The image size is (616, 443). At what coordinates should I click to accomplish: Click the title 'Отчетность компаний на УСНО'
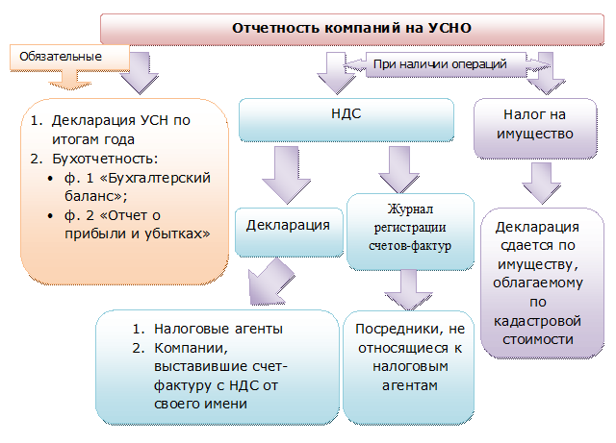pos(351,28)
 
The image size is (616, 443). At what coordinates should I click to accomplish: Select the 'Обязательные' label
pos(61,57)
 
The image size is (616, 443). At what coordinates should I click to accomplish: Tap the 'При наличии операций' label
pos(440,64)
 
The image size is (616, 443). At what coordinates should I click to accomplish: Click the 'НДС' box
pos(346,120)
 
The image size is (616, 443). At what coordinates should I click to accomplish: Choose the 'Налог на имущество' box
pos(535,129)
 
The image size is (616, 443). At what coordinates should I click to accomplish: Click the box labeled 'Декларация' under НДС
pos(289,233)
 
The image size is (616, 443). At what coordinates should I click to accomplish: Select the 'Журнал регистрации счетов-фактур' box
pos(410,232)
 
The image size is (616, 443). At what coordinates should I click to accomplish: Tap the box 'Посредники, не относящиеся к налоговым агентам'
pos(408,368)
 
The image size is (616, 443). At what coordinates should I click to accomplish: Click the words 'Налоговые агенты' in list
pos(218,329)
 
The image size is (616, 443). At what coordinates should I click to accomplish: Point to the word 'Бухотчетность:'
pos(105,159)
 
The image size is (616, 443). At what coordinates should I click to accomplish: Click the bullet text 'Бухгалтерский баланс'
pos(138,186)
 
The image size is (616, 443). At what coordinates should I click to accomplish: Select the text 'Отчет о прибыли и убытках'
pos(138,225)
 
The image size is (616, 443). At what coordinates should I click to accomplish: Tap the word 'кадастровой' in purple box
pos(537,321)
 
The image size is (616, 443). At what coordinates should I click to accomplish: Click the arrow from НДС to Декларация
pos(287,175)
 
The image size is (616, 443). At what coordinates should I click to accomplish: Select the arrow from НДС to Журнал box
pos(399,169)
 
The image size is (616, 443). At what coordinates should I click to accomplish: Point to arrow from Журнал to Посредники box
pos(408,290)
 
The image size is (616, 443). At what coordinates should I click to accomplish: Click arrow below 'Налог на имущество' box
pos(541,184)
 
